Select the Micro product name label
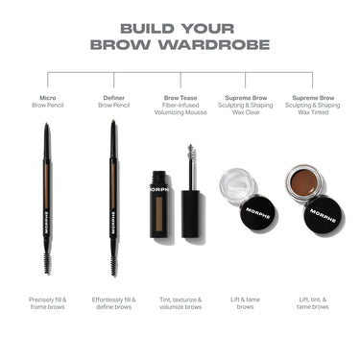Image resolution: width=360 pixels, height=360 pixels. point(48,97)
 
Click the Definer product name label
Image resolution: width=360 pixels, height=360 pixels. point(114,97)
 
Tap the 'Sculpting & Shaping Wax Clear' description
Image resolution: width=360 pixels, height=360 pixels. point(246,108)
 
